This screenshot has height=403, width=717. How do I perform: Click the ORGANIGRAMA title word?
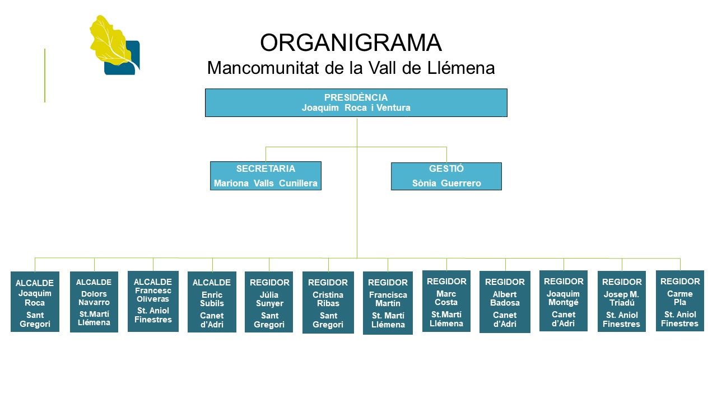pos(351,43)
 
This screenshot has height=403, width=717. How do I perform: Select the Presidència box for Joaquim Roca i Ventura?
pos(356,102)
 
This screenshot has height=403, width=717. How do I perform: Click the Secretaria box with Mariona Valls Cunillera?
pos(266,176)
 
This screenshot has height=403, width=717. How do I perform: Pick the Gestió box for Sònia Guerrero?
pos(446,176)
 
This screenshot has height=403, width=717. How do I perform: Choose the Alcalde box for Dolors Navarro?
pos(94,302)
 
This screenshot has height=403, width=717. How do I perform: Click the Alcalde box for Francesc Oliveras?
pos(153,301)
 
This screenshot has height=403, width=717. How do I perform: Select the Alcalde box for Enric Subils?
pos(212,302)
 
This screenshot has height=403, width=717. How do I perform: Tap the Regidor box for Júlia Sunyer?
pos(269,302)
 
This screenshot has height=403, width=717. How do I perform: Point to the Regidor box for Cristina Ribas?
pos(328,302)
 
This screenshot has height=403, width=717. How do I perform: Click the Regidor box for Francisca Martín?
pos(388,303)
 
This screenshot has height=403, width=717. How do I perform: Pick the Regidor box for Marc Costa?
pos(446,301)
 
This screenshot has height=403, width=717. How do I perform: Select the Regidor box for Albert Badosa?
pos(505,302)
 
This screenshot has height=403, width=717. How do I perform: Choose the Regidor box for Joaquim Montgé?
pos(564,301)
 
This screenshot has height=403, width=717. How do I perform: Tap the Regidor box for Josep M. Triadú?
pos(622,302)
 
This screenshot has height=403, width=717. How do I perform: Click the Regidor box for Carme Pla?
pos(680,301)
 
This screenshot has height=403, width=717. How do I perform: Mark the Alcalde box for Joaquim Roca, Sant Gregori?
pos(35,302)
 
